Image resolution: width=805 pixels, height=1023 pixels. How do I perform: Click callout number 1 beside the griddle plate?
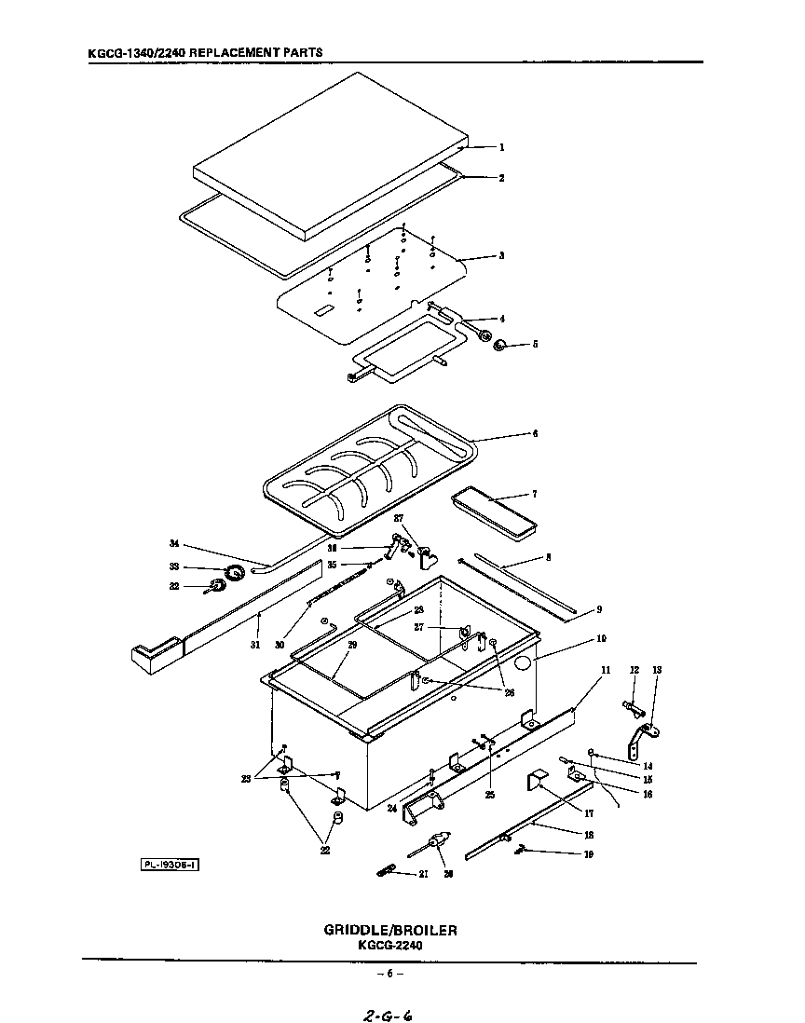(501, 147)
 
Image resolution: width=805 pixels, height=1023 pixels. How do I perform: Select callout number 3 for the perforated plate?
(501, 255)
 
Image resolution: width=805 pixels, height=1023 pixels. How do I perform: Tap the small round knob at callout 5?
(499, 345)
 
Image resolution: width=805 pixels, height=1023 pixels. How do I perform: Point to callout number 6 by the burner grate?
(534, 434)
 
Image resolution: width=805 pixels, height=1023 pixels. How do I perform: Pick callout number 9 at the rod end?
(598, 609)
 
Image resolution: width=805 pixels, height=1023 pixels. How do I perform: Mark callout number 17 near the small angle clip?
(589, 812)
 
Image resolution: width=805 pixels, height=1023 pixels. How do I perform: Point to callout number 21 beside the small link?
(423, 873)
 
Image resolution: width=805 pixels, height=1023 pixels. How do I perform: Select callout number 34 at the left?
(173, 544)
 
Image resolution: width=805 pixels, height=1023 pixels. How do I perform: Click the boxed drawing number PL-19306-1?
(171, 864)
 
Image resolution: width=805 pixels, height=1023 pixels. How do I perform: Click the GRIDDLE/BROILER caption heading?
(390, 930)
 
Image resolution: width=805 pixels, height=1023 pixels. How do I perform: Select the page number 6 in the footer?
(389, 974)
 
